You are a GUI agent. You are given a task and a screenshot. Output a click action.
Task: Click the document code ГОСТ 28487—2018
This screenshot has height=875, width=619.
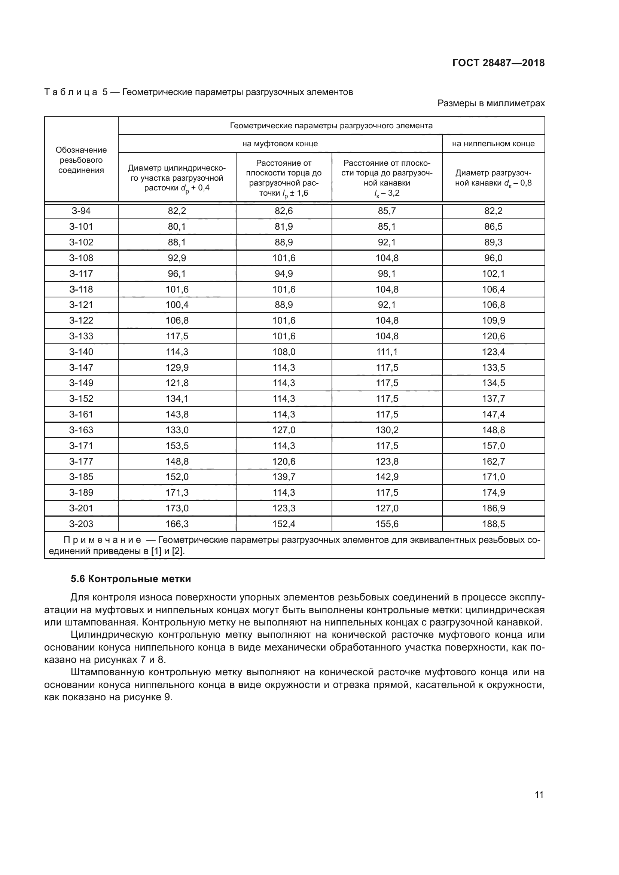coord(498,63)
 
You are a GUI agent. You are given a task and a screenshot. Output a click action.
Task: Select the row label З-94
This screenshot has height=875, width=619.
coord(81,211)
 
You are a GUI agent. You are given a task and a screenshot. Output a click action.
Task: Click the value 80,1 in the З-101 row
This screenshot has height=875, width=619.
coord(177,226)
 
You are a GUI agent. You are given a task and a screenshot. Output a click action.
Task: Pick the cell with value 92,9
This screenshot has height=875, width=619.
coord(177,258)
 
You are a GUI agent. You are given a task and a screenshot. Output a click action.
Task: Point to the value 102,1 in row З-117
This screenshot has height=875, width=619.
coord(493,273)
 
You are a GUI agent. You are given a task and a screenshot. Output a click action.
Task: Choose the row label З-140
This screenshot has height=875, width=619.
coord(81,352)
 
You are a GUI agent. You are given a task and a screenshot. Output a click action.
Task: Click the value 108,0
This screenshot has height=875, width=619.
coord(284,352)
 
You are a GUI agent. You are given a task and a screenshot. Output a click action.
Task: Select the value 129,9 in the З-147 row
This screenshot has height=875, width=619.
coord(177,367)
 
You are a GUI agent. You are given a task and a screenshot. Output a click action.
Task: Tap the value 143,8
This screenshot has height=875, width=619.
coord(177,414)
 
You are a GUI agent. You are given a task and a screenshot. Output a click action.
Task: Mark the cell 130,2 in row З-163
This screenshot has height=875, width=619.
coord(387,430)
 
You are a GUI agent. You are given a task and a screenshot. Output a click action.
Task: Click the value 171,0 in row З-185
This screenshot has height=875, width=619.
coord(493,477)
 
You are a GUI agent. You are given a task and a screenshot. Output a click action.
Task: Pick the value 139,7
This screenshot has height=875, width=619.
coord(284,477)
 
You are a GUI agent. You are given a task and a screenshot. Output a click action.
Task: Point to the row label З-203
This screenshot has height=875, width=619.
coord(81,524)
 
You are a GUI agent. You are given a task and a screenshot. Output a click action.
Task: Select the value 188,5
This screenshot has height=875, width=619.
coord(493,524)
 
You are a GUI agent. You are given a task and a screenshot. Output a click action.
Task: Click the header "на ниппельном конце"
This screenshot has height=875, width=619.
coord(493,144)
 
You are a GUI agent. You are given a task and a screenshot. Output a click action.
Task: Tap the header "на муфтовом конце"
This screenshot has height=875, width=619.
coord(280,144)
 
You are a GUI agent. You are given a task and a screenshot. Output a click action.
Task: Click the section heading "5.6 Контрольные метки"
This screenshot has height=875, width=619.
coord(131,579)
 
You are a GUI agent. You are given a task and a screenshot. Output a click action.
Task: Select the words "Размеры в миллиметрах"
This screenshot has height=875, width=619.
coord(491,103)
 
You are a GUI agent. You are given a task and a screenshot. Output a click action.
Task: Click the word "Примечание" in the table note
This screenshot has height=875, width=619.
coord(102,540)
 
